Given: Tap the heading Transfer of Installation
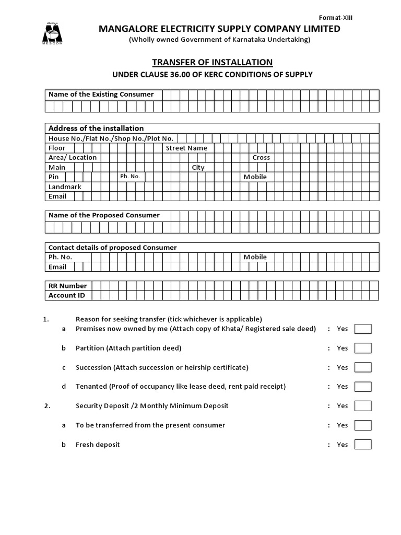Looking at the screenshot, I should point(212,62).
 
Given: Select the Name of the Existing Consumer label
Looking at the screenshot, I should point(101,95).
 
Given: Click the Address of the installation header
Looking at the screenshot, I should point(96,129).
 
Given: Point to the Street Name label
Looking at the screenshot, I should point(186,148).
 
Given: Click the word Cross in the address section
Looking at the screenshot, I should point(261,158).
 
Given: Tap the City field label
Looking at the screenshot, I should point(198,168).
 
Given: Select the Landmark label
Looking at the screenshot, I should point(65,187).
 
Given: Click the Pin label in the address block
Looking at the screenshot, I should point(54,177).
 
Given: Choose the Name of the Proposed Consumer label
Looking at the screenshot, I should point(104,215).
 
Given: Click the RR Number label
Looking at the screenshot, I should point(67,286).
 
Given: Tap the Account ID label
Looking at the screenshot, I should point(66,296).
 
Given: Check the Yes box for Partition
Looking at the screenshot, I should point(362,348).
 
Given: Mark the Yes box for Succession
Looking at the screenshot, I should point(362,368).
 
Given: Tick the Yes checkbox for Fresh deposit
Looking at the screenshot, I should point(362,445).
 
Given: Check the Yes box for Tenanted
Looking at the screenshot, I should point(362,387).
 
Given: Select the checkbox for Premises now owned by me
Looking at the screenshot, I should point(362,329).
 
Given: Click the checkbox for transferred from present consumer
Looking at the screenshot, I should point(362,425).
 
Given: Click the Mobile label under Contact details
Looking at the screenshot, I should point(255,257).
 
